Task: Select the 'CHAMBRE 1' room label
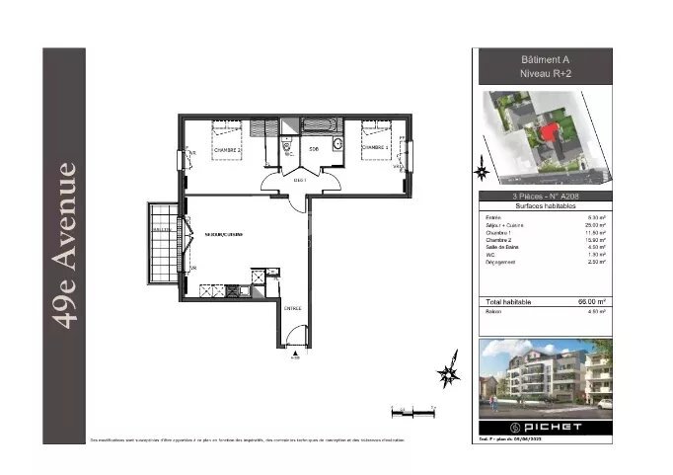(376, 148)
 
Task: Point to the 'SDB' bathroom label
(313, 149)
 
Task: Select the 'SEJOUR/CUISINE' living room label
(224, 234)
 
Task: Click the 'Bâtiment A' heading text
(545, 59)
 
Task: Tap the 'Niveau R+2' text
(545, 74)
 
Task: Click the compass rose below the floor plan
(448, 371)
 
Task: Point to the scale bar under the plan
(412, 409)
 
